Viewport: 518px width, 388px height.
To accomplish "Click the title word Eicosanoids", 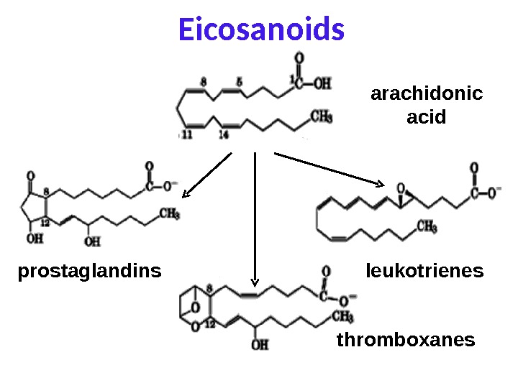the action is pyautogui.click(x=261, y=31).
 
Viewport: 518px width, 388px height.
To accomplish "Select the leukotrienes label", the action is pyautogui.click(x=424, y=272).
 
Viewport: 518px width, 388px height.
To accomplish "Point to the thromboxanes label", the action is pyautogui.click(x=406, y=339).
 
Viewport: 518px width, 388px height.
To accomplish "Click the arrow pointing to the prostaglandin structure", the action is pyautogui.click(x=206, y=175).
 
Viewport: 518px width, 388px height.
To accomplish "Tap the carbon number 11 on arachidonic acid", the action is pyautogui.click(x=187, y=134).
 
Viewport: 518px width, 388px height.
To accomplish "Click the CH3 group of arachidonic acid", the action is pyautogui.click(x=321, y=115).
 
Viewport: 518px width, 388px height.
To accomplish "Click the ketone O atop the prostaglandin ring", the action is pyautogui.click(x=29, y=175).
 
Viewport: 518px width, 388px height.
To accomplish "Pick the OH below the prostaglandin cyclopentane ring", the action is pyautogui.click(x=32, y=239).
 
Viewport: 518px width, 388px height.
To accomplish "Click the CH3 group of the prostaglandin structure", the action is pyautogui.click(x=169, y=213).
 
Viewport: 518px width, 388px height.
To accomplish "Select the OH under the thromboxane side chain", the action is pyautogui.click(x=260, y=345).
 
